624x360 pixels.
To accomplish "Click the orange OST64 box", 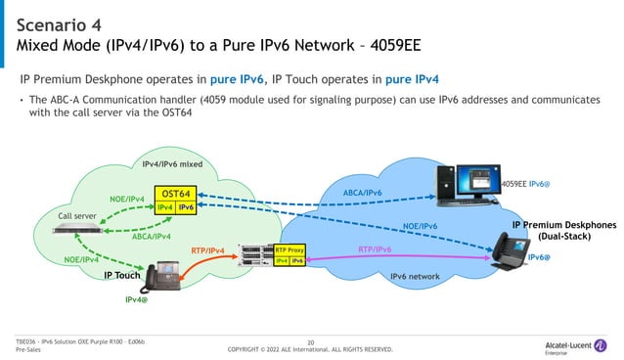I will coord(177,194).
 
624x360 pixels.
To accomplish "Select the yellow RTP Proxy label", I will coord(290,250).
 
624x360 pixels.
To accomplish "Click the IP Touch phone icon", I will coord(156,279).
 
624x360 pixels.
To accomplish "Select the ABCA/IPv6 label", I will coord(363,193).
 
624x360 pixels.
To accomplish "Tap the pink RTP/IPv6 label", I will coord(375,249).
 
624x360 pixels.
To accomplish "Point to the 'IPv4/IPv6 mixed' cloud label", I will coord(172,164).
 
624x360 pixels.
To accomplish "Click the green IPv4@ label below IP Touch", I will coord(138,299).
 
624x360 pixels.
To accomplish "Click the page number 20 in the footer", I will coord(311,341).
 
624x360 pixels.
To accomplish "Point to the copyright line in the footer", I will coord(310,349).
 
